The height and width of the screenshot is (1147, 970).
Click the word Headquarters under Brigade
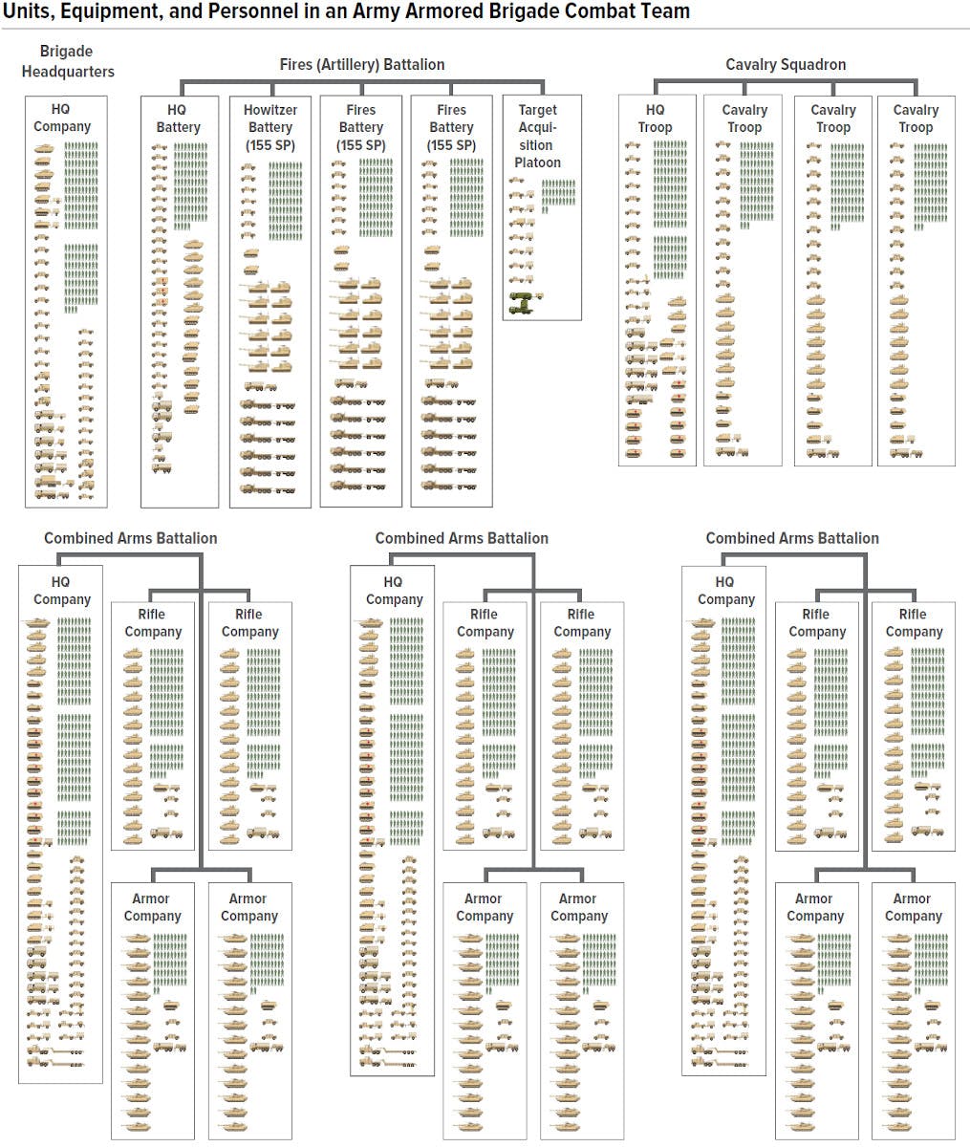[68, 72]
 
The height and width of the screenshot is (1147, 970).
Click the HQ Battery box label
[178, 119]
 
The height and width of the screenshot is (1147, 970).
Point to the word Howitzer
[270, 110]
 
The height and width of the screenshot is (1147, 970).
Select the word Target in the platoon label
[538, 110]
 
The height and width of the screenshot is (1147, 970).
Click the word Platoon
[538, 162]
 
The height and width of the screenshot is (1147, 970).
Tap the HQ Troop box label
[655, 119]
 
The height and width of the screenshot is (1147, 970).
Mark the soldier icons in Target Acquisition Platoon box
[558, 196]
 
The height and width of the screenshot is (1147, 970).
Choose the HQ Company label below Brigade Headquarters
[62, 118]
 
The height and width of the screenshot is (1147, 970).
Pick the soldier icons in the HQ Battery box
[190, 186]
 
